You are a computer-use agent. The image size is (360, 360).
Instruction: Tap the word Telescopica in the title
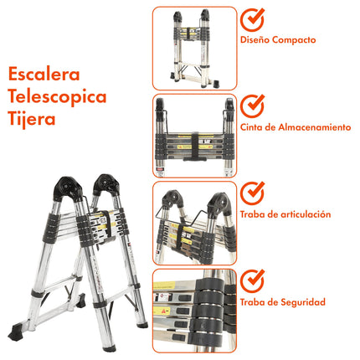(58, 96)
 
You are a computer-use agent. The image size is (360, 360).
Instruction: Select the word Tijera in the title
(33, 120)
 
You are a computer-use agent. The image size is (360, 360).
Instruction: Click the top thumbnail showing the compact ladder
(194, 48)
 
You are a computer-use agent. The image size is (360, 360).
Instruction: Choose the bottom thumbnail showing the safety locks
(194, 311)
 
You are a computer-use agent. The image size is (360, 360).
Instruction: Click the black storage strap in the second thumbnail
(194, 143)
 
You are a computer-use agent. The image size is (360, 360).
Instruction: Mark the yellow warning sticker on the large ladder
(100, 222)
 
